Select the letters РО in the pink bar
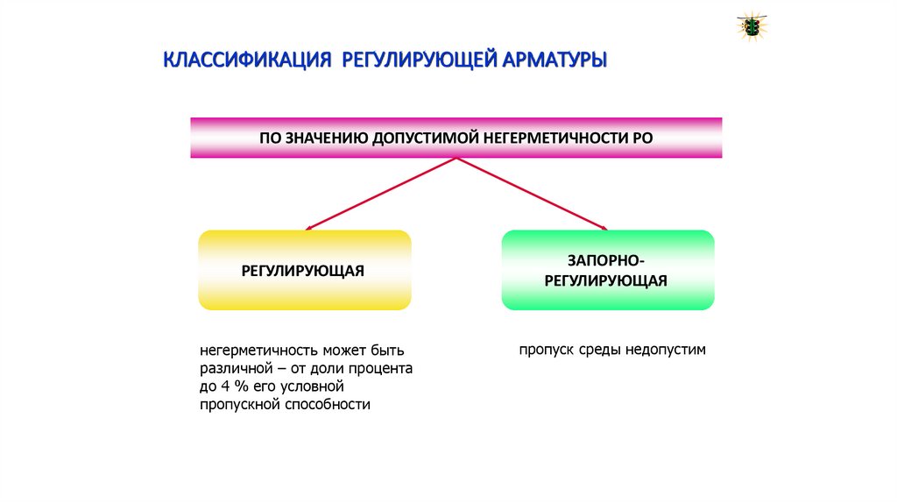click(x=642, y=138)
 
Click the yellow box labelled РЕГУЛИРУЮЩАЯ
click(x=305, y=270)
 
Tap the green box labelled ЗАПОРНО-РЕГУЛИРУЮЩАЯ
click(x=607, y=270)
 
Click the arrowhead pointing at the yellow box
click(x=309, y=229)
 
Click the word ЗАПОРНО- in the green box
click(x=607, y=260)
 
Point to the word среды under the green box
click(x=600, y=350)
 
